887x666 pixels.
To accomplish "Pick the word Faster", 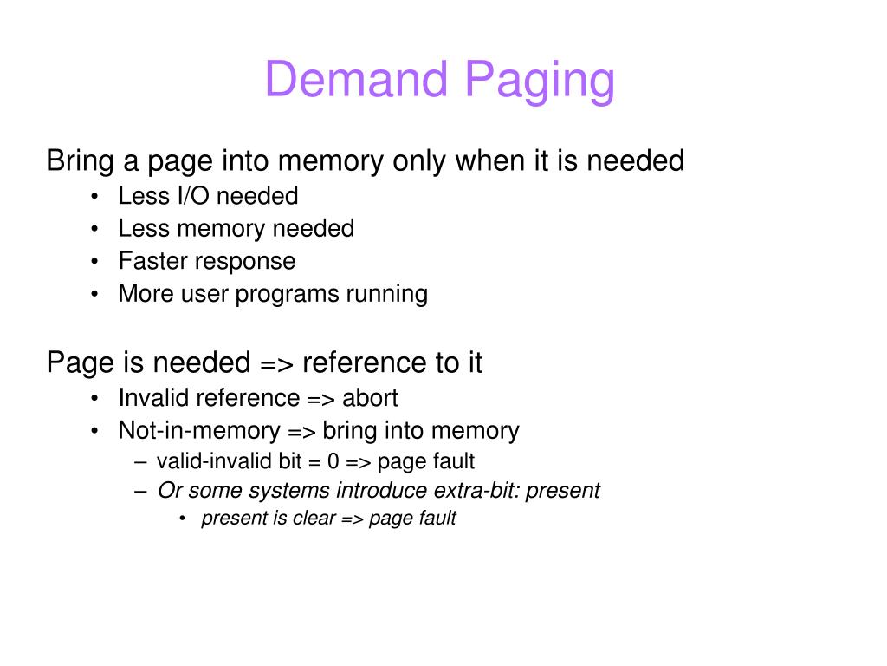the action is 152,261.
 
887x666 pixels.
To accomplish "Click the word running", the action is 387,295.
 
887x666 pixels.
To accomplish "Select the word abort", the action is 370,398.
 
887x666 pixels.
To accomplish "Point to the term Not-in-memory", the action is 199,431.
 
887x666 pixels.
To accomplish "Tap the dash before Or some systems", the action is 140,491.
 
